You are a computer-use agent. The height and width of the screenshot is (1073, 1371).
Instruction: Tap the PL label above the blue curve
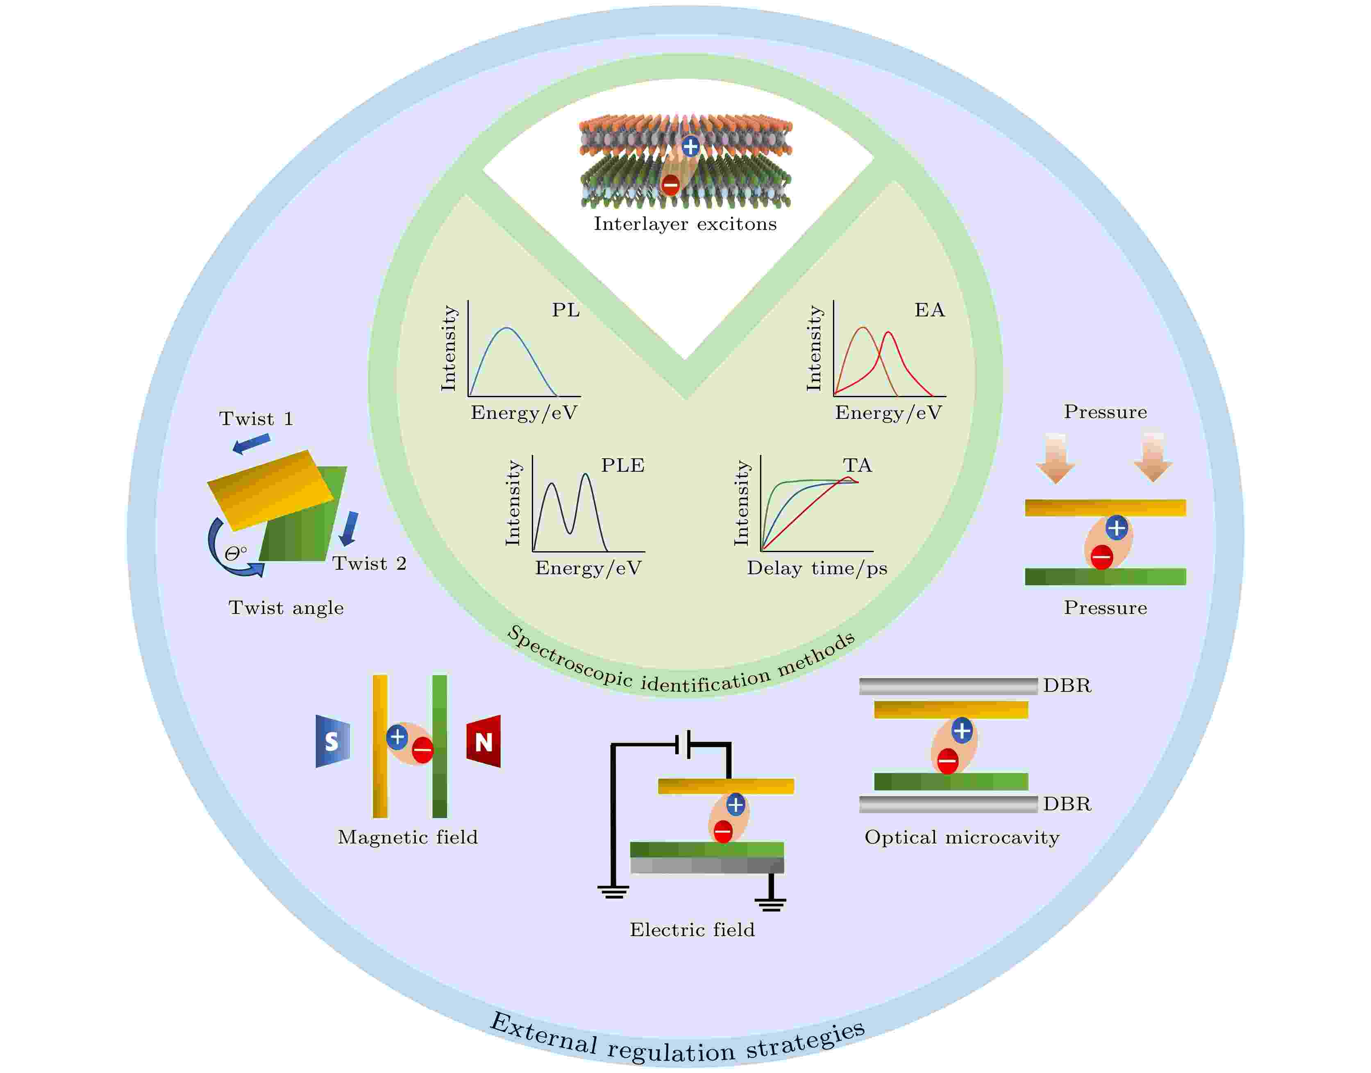point(565,310)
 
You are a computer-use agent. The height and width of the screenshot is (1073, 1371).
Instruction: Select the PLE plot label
point(622,466)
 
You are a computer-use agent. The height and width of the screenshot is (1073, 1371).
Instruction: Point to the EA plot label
point(929,310)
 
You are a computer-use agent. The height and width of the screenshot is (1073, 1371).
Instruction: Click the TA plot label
point(857,466)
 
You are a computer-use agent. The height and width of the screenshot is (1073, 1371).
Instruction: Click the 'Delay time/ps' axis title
point(817,568)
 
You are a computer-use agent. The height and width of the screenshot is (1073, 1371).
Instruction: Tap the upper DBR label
point(1067,685)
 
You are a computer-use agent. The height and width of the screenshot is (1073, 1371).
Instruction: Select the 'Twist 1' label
point(256,419)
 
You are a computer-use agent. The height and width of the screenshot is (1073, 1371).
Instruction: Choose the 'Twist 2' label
point(369,564)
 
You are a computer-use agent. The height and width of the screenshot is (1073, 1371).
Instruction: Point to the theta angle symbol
point(234,553)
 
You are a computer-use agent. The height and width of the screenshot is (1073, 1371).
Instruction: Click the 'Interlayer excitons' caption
point(685,224)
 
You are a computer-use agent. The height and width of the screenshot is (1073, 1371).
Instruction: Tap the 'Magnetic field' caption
point(408,837)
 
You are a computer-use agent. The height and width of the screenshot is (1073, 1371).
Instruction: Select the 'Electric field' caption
point(692,930)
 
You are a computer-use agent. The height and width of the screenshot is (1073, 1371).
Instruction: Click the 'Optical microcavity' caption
point(962,837)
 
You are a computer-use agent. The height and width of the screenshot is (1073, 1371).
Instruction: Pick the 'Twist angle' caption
point(286,608)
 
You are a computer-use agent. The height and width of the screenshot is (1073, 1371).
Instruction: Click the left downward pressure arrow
point(1056,458)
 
